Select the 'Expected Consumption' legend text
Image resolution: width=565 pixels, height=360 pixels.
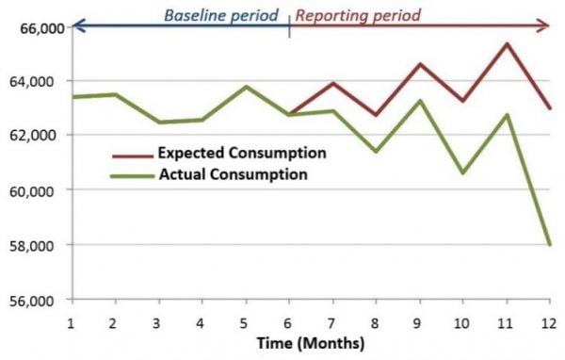[242, 153]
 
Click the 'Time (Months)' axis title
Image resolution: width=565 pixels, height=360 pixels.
[312, 344]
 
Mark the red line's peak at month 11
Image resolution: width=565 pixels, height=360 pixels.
[507, 43]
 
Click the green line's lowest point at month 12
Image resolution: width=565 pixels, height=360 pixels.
[550, 244]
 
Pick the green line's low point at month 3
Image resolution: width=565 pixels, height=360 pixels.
[159, 123]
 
